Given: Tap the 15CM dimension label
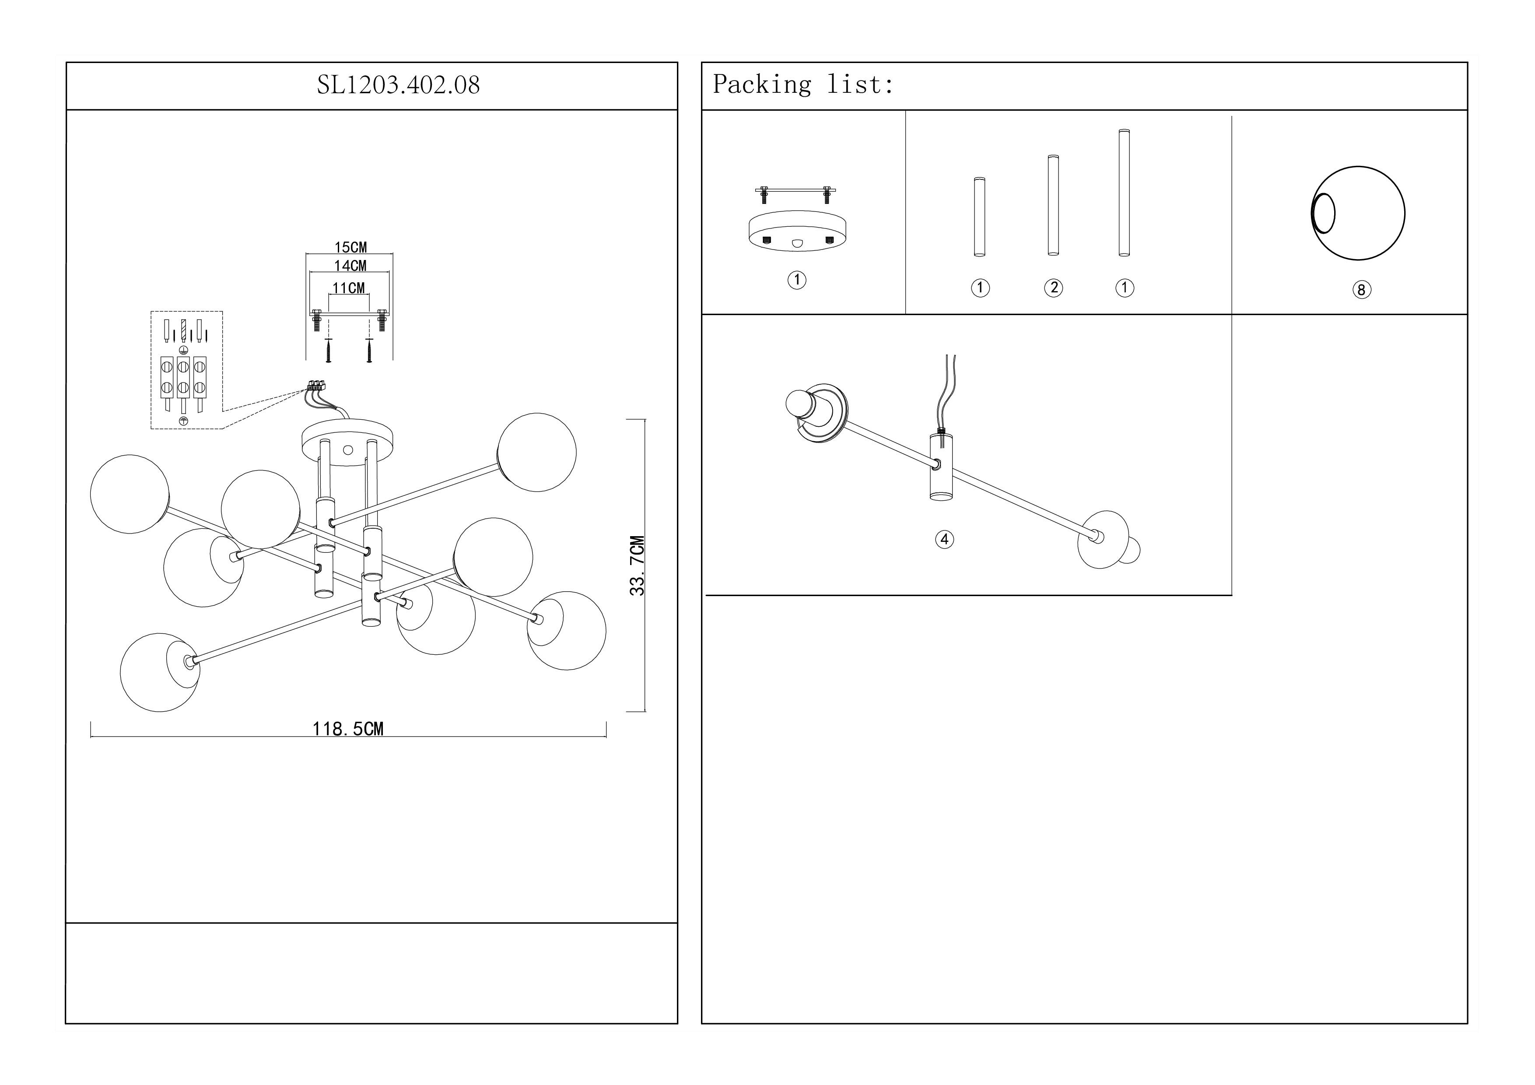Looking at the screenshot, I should click(x=350, y=247).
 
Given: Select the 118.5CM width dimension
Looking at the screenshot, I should click(x=348, y=729).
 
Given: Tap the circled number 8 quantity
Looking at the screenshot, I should click(x=1361, y=290).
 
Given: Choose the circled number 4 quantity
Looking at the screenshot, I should click(x=944, y=540).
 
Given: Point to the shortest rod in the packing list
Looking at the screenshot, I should click(x=980, y=217).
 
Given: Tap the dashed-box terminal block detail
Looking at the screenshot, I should click(x=186, y=370).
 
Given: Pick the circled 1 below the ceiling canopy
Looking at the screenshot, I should click(x=796, y=280).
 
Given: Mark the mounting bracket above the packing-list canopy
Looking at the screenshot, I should click(x=796, y=193).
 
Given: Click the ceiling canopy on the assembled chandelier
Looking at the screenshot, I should click(x=347, y=439).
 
